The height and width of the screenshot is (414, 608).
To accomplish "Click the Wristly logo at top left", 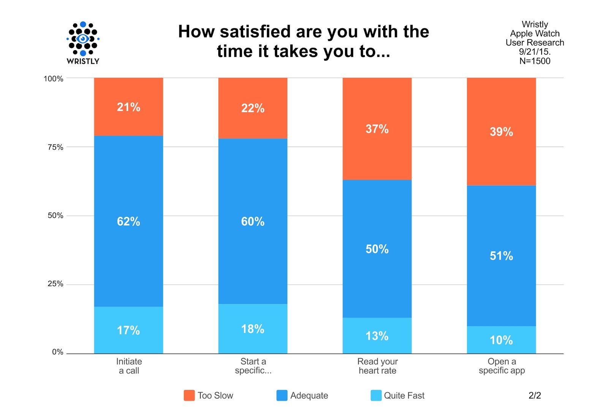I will (83, 43).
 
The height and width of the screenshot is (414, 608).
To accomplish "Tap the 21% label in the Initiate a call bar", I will (128, 107).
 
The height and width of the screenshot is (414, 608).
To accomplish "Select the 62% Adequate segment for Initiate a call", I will (128, 221).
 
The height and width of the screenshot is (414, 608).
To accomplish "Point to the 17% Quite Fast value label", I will (128, 331).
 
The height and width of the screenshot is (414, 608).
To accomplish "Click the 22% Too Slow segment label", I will (253, 109).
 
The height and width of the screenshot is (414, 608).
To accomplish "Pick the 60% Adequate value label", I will (253, 221).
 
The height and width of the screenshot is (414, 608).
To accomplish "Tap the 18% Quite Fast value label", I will (253, 329).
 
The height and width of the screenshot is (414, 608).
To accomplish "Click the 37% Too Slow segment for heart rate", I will (377, 129).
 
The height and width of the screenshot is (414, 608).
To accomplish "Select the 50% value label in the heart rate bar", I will (377, 249).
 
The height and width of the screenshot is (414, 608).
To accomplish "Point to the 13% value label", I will (377, 336).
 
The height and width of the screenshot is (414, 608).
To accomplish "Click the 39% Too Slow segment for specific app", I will (501, 132).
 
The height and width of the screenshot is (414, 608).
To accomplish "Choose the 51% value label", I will (501, 256).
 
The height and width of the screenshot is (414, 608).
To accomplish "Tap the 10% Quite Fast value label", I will (501, 340).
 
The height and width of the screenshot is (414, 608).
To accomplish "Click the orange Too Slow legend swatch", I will (189, 395).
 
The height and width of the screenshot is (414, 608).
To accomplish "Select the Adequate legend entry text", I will (309, 395).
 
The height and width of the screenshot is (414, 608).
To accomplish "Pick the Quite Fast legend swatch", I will (376, 395).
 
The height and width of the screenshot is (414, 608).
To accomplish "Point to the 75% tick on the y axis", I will (55, 147).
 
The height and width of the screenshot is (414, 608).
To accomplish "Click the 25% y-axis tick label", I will (55, 284).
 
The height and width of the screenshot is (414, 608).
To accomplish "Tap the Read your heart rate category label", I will (377, 366).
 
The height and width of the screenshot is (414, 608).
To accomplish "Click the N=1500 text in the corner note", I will (535, 61).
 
